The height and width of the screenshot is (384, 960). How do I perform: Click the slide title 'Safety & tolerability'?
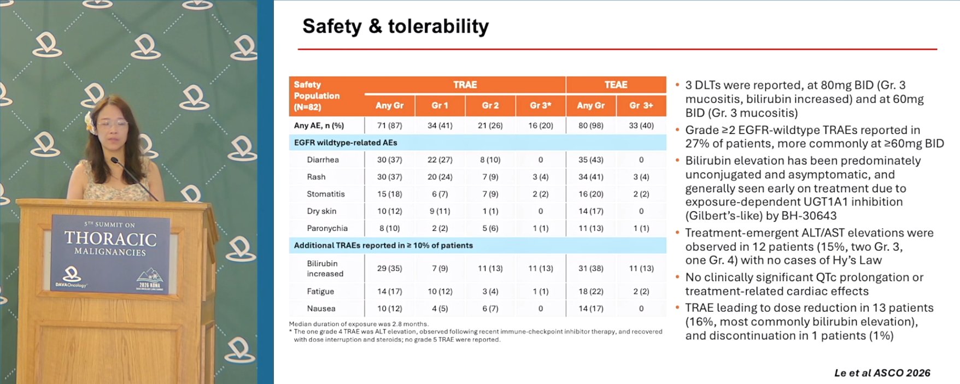[x=395, y=26]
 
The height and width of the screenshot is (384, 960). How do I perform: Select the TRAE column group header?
[x=465, y=85]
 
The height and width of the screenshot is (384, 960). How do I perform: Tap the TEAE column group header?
[x=616, y=85]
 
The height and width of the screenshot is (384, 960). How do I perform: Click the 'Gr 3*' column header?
[x=540, y=105]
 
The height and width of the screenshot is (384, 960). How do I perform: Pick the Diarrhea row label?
[x=323, y=159]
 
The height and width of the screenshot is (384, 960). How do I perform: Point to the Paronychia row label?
[x=327, y=228]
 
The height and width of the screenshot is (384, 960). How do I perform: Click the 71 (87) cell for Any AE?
[x=389, y=126]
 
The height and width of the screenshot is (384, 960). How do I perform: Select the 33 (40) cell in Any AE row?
[x=641, y=126]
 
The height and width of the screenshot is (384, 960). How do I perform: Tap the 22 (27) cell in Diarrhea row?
[x=440, y=159]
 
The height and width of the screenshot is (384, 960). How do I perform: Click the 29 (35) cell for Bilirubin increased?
[x=389, y=268]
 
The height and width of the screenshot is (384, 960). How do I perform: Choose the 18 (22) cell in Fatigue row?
[x=591, y=292]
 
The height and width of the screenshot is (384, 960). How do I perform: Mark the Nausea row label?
[x=321, y=309]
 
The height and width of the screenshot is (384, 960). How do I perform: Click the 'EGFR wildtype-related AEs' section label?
[x=346, y=143]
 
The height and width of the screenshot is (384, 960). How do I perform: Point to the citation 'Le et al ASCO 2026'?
[x=882, y=373]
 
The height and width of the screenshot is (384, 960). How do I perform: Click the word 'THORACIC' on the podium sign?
[x=110, y=239]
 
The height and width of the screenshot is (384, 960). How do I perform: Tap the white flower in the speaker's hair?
[x=90, y=122]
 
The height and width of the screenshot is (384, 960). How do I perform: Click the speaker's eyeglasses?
[x=112, y=124]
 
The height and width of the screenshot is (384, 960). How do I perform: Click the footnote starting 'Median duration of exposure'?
[x=359, y=324]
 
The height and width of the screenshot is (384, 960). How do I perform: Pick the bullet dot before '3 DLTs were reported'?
[x=677, y=85]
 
